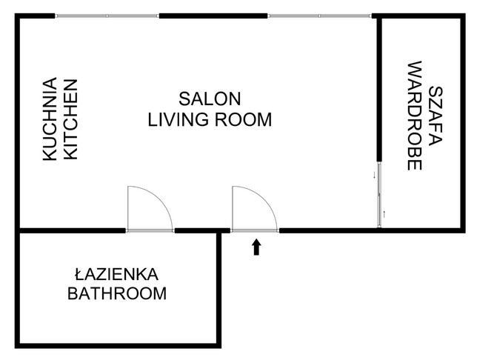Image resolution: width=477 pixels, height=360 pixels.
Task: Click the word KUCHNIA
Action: pos(50,119)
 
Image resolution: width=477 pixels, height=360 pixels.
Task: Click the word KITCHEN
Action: pos(70,119)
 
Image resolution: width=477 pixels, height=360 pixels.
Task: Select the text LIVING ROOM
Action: pos(210,119)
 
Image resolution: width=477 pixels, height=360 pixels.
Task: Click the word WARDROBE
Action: pos(415,116)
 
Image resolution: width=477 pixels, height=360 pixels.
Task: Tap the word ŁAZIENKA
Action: pos(117,273)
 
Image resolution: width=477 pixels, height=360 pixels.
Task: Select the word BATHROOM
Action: pos(117,293)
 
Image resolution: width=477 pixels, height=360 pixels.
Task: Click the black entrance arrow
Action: pos(257,247)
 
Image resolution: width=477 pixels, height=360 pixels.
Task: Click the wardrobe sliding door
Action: pos(379,196)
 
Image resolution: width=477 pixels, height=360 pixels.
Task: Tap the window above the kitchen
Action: pos(107,16)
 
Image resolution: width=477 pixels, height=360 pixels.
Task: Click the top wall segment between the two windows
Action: pos(213,16)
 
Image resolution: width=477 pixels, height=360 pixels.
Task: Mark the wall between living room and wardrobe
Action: pos(379,89)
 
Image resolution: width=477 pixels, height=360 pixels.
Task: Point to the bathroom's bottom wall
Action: pos(119,344)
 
